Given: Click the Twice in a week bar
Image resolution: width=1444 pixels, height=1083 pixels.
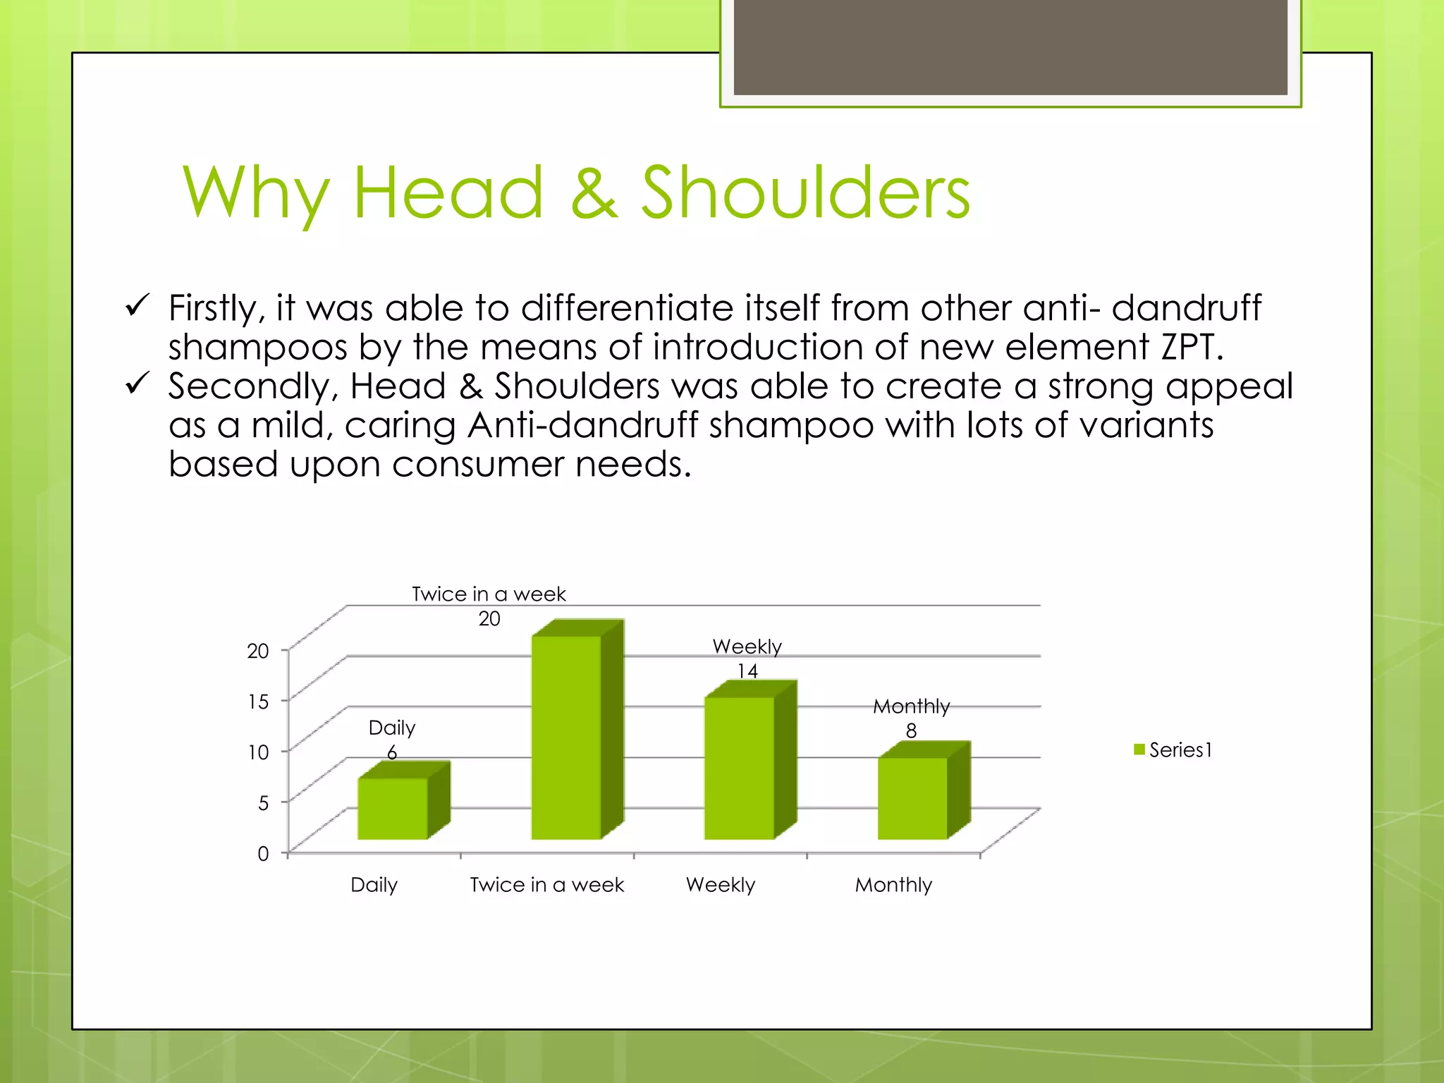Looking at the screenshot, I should (x=566, y=737).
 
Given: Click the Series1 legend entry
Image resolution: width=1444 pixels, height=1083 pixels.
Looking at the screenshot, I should (x=1173, y=749).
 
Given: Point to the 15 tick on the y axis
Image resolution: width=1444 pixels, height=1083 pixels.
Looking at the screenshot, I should (x=258, y=702).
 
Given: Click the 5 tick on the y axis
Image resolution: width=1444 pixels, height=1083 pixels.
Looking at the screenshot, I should (x=263, y=803).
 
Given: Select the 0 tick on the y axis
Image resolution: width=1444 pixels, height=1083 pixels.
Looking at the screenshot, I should (x=263, y=854).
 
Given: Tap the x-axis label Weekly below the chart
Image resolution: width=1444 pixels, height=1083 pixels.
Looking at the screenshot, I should (x=720, y=885).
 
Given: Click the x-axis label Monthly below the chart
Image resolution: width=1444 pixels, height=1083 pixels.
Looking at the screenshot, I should (x=893, y=885).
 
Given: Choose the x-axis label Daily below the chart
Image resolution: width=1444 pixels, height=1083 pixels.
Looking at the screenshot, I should (x=374, y=885).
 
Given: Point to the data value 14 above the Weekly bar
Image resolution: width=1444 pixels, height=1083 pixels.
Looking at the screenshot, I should (x=747, y=671).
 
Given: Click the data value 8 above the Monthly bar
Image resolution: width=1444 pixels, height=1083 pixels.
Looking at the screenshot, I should (x=911, y=731).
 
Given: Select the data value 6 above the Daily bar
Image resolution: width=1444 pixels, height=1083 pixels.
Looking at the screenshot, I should (x=392, y=752).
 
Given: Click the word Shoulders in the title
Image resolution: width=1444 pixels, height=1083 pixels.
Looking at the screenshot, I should (x=805, y=192).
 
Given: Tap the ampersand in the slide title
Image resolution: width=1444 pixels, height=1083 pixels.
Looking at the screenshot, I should (x=594, y=192).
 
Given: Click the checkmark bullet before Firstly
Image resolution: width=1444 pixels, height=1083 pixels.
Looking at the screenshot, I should (x=137, y=305).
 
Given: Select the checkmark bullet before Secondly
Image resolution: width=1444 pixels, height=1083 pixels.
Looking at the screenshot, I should (x=137, y=384).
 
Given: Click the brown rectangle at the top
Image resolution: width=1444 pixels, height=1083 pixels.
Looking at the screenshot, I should (x=1010, y=47).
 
